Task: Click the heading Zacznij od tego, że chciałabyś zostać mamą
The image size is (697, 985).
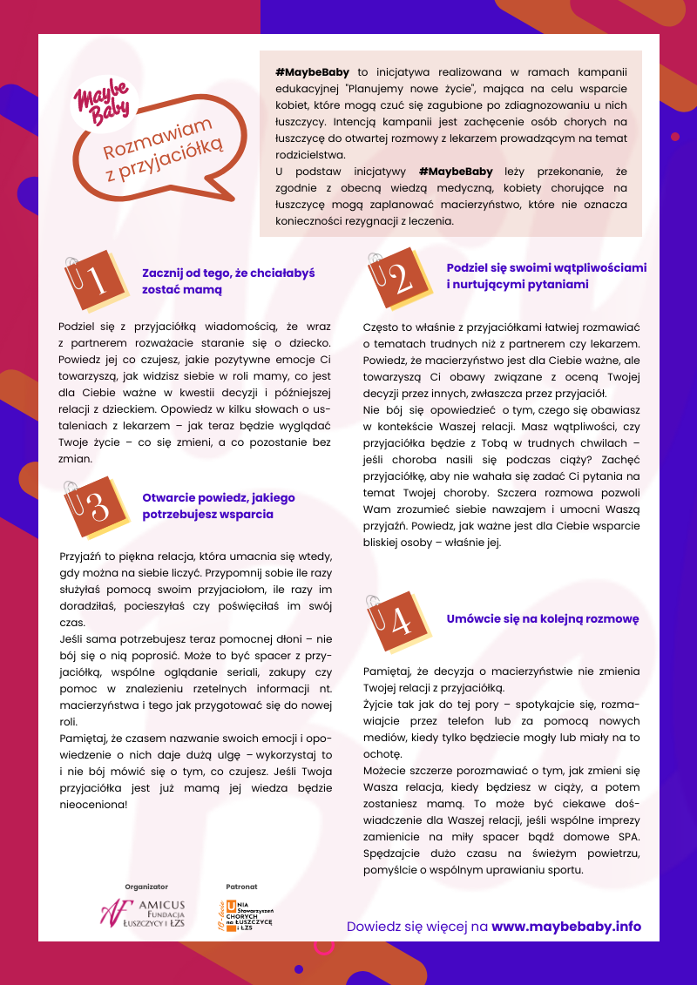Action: click(228, 280)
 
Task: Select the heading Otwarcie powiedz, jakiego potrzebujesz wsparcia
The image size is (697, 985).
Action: click(219, 506)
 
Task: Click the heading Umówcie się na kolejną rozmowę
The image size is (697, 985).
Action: click(543, 619)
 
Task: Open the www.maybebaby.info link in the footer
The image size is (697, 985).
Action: click(566, 927)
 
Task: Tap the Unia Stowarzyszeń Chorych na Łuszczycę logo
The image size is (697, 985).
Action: click(245, 916)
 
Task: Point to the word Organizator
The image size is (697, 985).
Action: click(146, 886)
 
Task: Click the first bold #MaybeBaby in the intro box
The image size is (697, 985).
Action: click(314, 73)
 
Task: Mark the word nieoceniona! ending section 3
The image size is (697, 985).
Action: click(93, 804)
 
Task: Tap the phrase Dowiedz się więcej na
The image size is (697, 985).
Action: click(417, 927)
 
